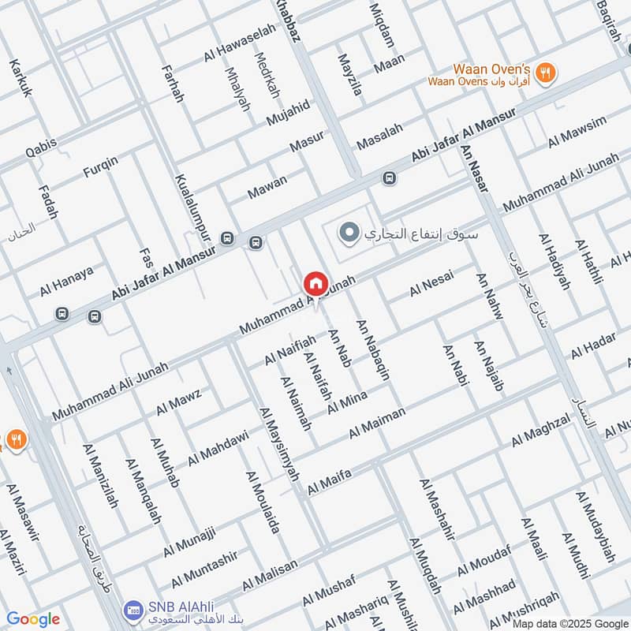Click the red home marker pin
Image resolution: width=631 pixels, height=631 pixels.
click(315, 283)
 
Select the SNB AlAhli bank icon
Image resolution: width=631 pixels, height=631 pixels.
click(133, 610)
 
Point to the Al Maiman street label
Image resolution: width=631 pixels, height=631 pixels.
click(377, 422)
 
